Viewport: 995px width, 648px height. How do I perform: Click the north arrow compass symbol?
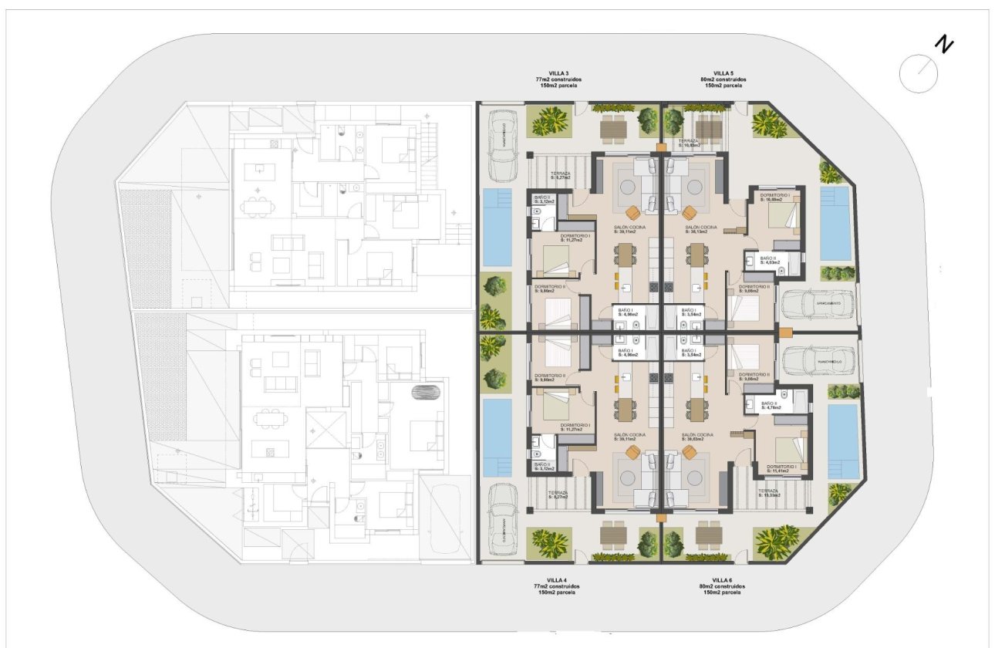pyautogui.click(x=919, y=73)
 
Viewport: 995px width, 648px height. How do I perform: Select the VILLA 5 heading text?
pyautogui.click(x=723, y=73)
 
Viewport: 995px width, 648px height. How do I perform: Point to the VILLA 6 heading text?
pyautogui.click(x=722, y=580)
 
